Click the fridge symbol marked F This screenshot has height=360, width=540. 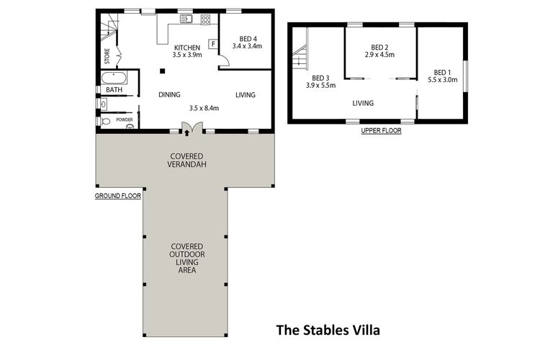213,44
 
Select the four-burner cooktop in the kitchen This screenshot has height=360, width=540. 205,20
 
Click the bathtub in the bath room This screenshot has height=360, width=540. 112,78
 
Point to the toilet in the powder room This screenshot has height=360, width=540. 106,121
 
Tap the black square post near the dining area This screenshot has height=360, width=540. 163,71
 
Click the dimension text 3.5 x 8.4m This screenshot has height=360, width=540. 204,108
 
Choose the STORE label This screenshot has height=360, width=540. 107,55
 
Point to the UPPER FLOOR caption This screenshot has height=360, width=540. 382,131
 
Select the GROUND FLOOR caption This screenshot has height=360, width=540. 118,194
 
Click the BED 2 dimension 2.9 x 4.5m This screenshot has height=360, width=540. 380,53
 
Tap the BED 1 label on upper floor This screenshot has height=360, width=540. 443,72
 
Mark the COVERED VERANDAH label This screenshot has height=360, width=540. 185,161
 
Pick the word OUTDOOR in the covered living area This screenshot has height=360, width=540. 185,254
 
